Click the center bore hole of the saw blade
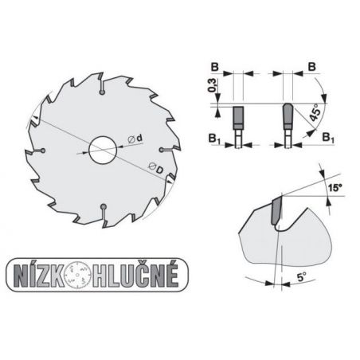[x=100, y=150]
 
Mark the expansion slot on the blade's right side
[x=163, y=150]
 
